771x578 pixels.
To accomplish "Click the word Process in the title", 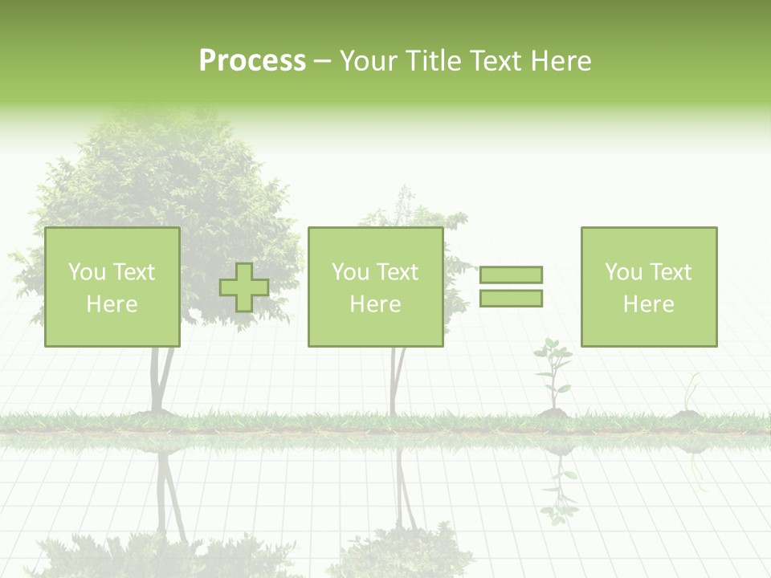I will pos(252,61).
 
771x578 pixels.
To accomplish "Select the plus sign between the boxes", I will pos(244,287).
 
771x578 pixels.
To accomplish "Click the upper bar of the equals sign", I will pos(511,275).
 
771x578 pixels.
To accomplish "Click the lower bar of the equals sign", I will pos(511,299).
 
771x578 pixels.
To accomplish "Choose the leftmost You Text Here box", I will pos(112,287).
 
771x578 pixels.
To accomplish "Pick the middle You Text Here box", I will pos(375,287).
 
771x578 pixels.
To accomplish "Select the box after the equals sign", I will pos(648,287).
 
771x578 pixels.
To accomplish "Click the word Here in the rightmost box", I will pos(648,304).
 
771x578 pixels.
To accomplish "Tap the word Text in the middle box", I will pos(398,272).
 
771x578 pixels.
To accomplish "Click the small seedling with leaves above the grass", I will pos(553,373).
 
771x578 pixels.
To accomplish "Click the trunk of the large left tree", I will pos(160,381).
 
